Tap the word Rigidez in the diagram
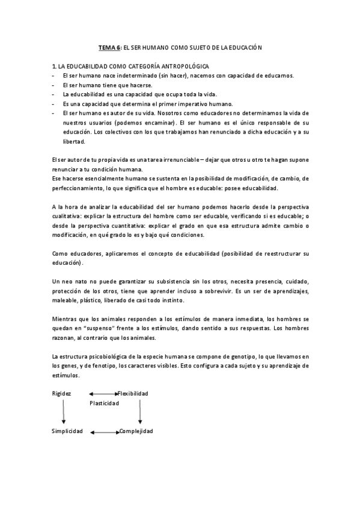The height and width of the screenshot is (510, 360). [x=61, y=393]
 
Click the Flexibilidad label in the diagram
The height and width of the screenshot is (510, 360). [x=133, y=393]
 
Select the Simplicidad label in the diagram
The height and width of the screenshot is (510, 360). [x=66, y=431]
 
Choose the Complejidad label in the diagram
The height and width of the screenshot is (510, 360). [x=136, y=431]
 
